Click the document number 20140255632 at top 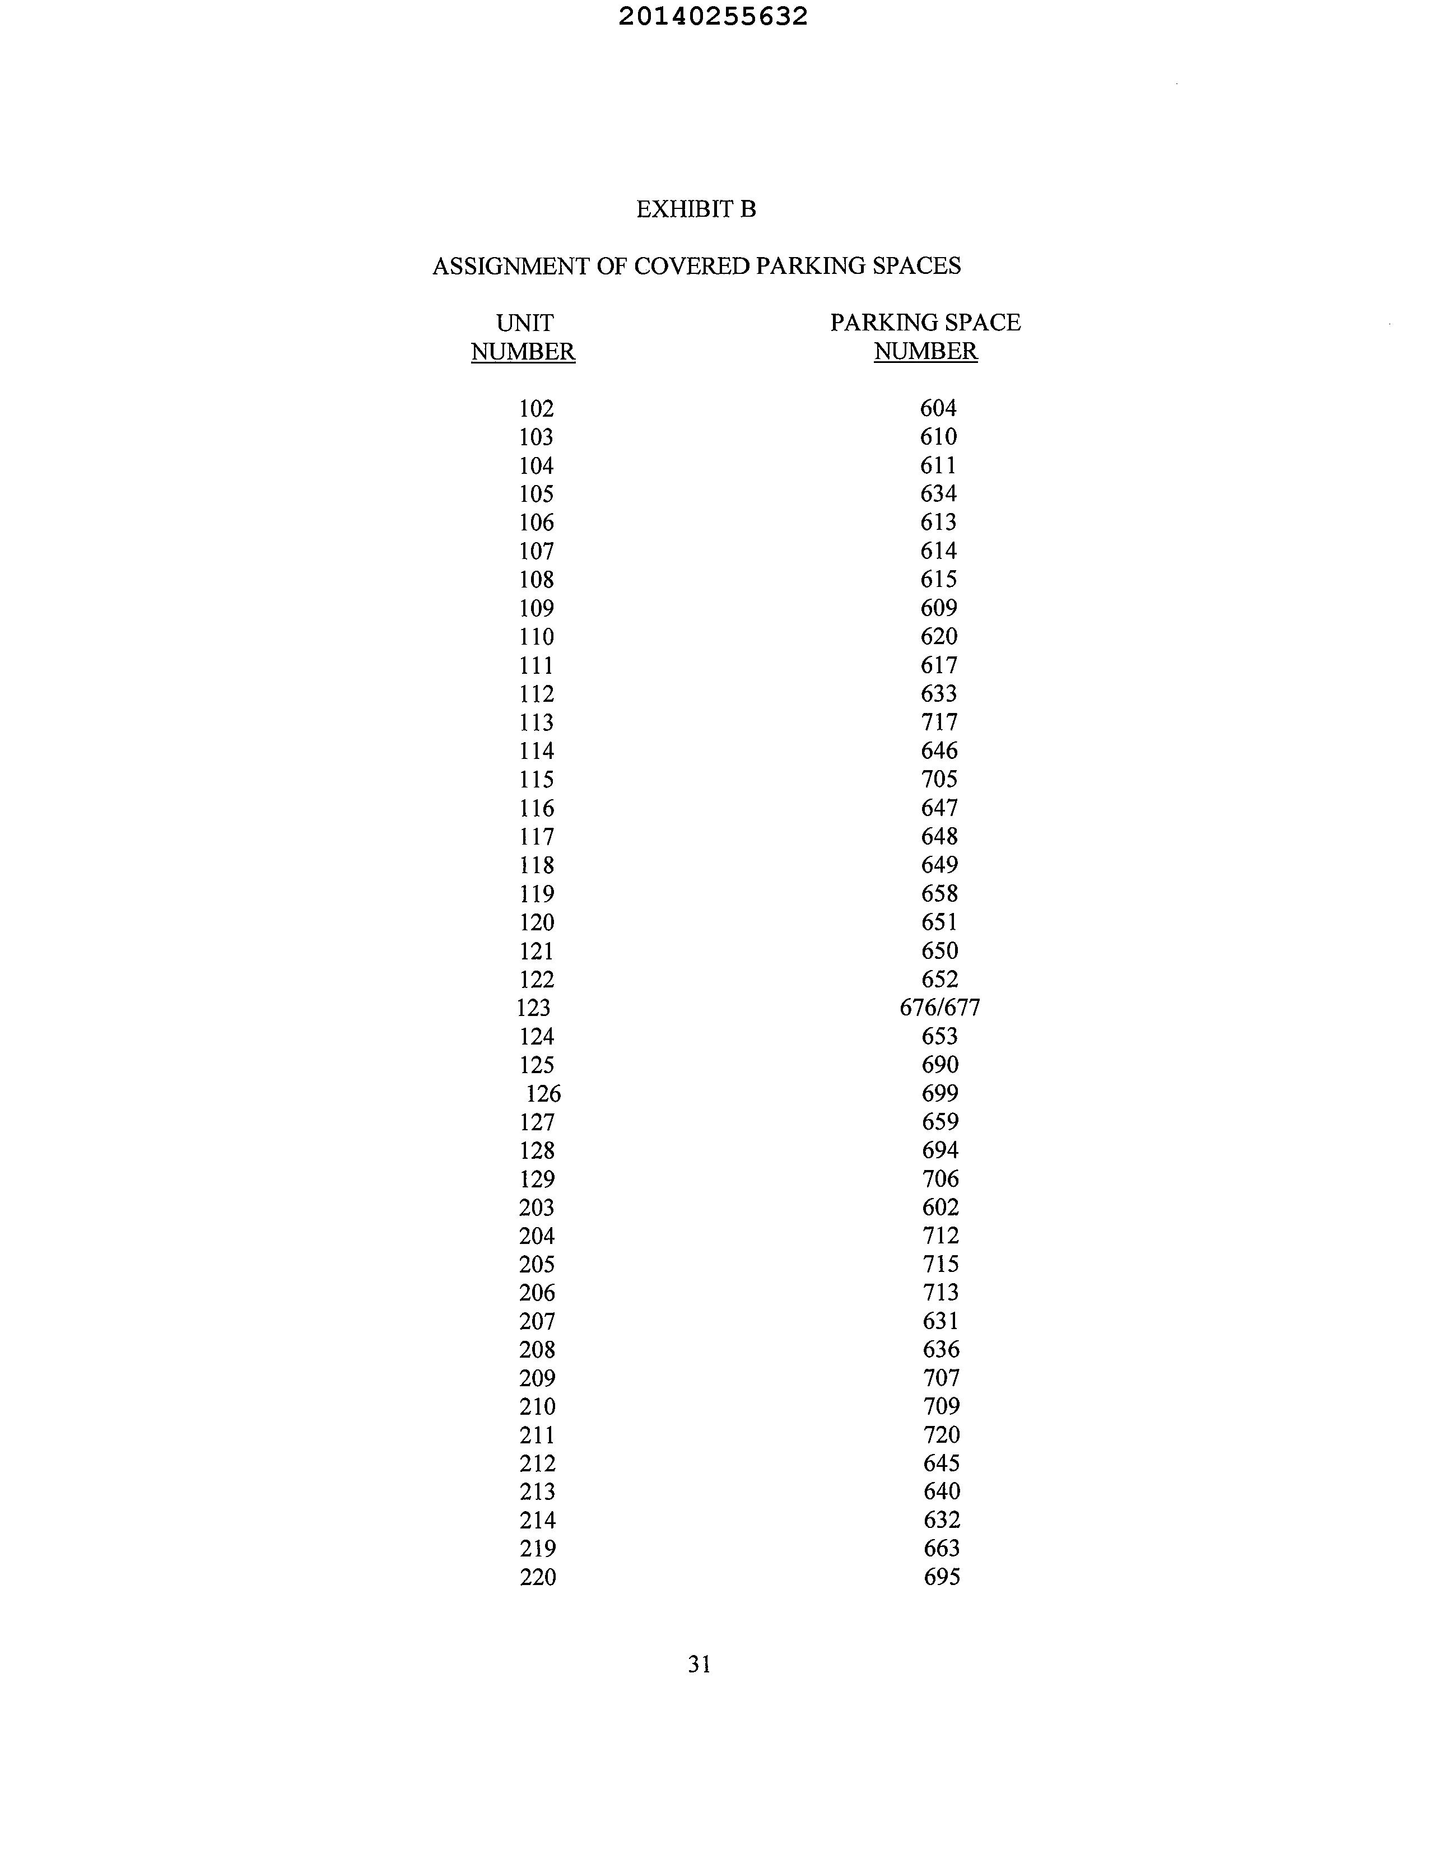pyautogui.click(x=713, y=17)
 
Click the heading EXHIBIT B pyautogui.click(x=696, y=209)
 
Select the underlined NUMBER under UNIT pyautogui.click(x=523, y=352)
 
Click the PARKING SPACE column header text pyautogui.click(x=925, y=323)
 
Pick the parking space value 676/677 pyautogui.click(x=939, y=1008)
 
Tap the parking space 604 pyautogui.click(x=938, y=408)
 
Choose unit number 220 pyautogui.click(x=538, y=1577)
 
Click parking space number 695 pyautogui.click(x=941, y=1577)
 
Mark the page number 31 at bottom pyautogui.click(x=699, y=1665)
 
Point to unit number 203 pyautogui.click(x=537, y=1208)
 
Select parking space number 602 pyautogui.click(x=941, y=1208)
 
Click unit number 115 pyautogui.click(x=537, y=780)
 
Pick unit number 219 pyautogui.click(x=538, y=1549)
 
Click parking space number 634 pyautogui.click(x=939, y=493)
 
